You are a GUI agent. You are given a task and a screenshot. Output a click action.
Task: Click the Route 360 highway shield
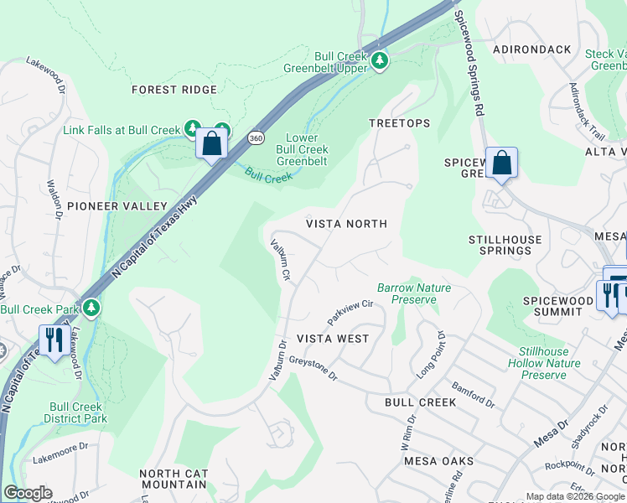256,137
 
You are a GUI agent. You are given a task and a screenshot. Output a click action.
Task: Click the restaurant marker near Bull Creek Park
52,340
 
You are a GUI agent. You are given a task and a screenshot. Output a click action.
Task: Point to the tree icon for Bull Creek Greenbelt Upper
380,60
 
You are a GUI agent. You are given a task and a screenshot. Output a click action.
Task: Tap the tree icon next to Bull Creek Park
92,309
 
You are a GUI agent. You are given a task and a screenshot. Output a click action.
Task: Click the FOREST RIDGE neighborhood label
174,90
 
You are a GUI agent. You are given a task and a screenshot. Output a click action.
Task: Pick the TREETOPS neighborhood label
400,123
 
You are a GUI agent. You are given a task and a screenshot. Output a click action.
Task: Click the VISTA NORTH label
346,224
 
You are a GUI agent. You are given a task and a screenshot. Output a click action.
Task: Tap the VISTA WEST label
333,339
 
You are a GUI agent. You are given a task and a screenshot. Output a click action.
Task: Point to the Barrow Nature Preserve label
414,293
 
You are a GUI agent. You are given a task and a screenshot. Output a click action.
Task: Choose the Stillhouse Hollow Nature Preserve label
543,363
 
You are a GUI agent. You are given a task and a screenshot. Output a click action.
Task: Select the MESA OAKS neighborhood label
438,461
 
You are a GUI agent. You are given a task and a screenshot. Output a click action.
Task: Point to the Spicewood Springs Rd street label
469,63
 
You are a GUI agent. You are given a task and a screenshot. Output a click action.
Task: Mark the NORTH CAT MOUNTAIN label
174,479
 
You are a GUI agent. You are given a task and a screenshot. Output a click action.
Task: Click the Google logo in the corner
28,493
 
